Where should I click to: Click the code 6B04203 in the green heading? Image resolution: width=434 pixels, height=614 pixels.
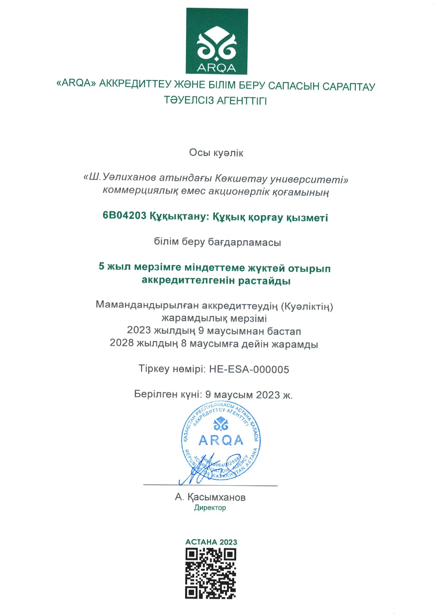(124, 215)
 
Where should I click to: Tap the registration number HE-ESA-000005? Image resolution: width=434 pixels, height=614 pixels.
(249, 369)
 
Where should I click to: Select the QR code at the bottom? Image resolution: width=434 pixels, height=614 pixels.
(210, 573)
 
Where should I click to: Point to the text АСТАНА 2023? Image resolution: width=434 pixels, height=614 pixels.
(211, 542)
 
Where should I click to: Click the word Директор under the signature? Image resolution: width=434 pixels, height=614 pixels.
(210, 508)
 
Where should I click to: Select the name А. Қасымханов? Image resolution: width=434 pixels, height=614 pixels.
(210, 497)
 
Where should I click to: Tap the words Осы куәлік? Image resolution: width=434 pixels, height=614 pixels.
(216, 153)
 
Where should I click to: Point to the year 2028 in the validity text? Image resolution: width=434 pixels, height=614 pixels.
(121, 343)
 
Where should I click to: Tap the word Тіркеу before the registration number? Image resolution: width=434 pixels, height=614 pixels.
(154, 369)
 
